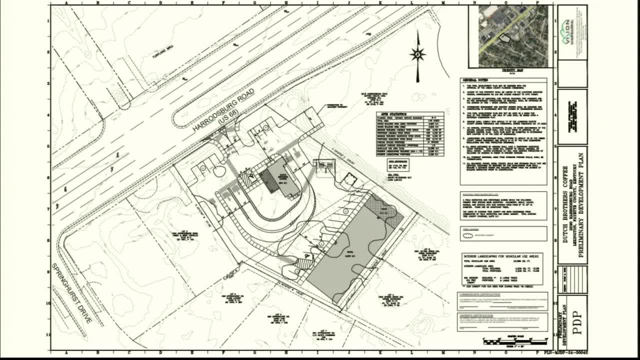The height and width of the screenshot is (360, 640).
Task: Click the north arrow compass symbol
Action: pyautogui.click(x=417, y=54)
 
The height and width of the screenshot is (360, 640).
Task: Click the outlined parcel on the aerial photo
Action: pyautogui.click(x=505, y=37)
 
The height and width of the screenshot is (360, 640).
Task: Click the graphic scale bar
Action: pyautogui.click(x=511, y=342)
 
